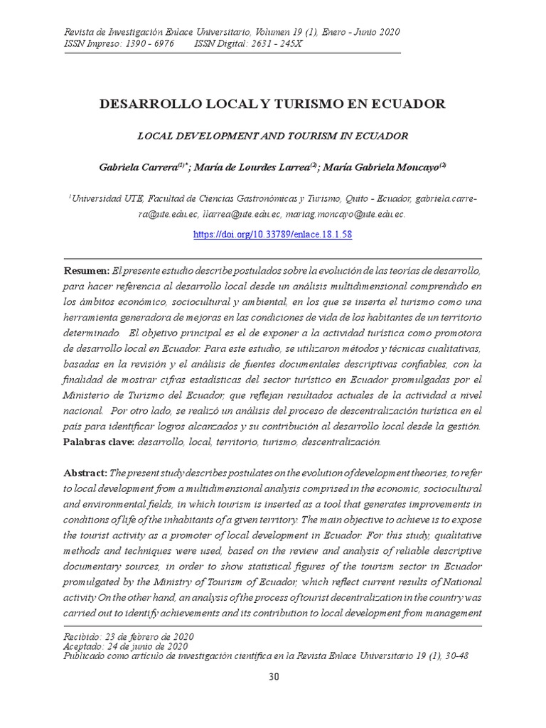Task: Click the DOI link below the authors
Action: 273,235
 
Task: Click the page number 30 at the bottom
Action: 273,676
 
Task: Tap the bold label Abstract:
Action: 85,473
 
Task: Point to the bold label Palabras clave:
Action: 99,441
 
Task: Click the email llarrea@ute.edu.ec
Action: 242,213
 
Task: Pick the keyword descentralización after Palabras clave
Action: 341,441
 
